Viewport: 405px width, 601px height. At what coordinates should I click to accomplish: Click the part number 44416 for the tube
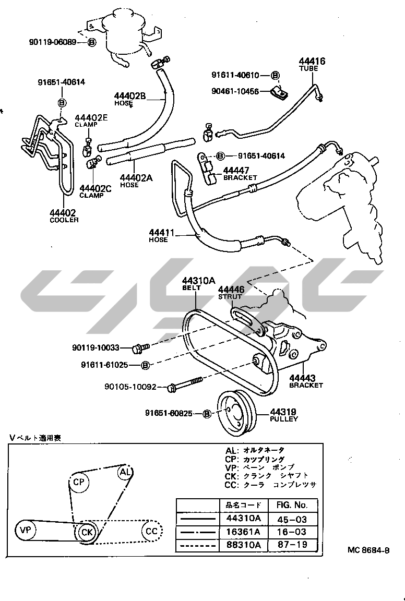click(312, 62)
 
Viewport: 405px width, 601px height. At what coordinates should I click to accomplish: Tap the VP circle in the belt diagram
click(25, 531)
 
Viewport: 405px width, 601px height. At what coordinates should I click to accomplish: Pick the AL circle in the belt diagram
click(124, 473)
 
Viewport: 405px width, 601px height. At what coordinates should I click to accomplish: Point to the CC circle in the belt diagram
click(151, 531)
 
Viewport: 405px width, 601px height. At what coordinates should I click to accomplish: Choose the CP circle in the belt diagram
click(79, 482)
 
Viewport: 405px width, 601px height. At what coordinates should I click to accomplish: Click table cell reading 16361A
click(243, 532)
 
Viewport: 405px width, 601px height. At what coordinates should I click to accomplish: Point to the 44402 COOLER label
click(64, 215)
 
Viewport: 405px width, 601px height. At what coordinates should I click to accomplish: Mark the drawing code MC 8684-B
click(369, 550)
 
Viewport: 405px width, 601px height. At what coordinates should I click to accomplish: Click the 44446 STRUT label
click(231, 293)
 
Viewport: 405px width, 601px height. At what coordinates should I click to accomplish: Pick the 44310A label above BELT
click(198, 281)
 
